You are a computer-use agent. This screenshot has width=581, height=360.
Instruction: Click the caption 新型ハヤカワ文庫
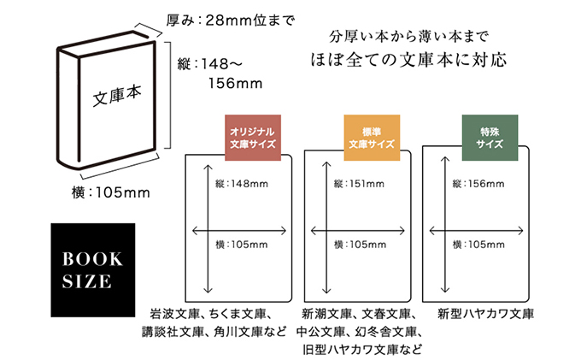point(484,313)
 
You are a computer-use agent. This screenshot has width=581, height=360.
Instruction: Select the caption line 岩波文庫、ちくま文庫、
point(210,313)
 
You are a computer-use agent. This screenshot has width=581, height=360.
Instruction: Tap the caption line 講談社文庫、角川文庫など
point(214,332)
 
